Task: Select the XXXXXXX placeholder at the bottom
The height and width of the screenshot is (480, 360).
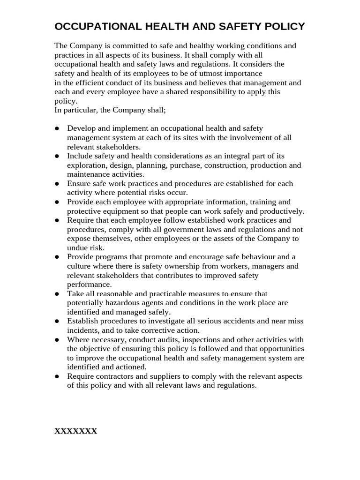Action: coord(76,431)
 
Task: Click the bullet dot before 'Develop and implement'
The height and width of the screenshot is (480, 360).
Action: coord(57,128)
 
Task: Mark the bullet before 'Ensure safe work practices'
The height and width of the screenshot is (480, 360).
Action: coord(57,184)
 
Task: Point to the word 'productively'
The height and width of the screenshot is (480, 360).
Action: coord(282,211)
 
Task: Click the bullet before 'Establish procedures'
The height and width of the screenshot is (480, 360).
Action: coord(57,322)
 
